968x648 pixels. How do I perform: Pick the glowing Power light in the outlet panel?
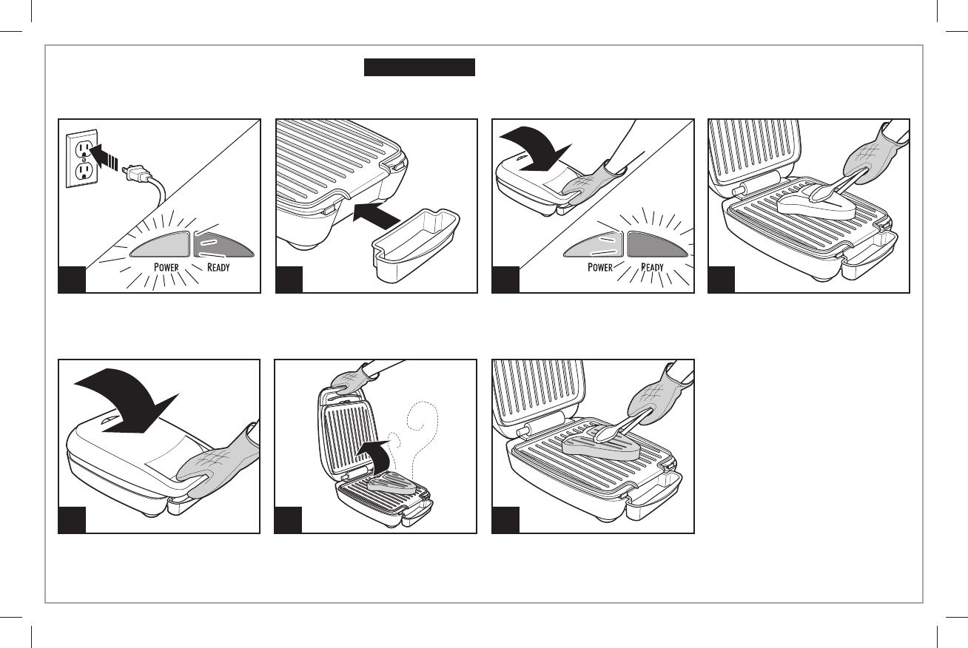click(160, 245)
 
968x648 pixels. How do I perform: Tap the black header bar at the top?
click(418, 68)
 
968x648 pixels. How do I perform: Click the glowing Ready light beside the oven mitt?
click(659, 243)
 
